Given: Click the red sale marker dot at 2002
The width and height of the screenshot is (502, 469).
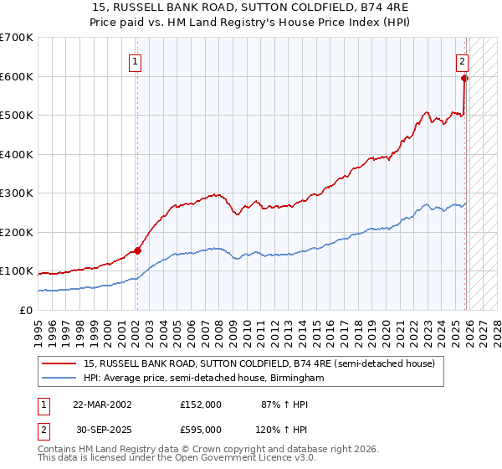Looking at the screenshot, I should (137, 250).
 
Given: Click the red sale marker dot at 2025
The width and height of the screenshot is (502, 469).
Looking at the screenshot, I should (465, 79).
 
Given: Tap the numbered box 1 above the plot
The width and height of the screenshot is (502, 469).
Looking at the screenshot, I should (136, 60).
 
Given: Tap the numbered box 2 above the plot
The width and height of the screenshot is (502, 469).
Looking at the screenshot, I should (462, 60).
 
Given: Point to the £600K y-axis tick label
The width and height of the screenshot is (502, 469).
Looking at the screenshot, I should (17, 76).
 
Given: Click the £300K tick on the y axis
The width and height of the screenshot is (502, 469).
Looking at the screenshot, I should (17, 193).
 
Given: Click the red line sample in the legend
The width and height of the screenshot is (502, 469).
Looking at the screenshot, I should (60, 364).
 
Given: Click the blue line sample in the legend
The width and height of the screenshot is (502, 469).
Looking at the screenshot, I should (60, 379).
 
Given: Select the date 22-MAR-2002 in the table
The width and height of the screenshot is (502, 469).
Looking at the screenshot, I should (102, 405).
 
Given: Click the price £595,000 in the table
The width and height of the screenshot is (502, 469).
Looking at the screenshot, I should (200, 430).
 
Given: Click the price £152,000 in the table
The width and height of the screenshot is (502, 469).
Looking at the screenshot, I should (200, 405).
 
